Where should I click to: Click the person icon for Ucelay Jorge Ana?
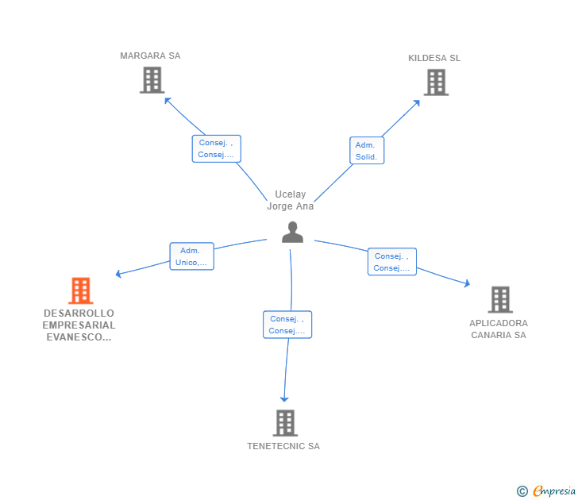pyautogui.click(x=292, y=232)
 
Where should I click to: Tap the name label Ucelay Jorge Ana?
pyautogui.click(x=290, y=200)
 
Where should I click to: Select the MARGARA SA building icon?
pyautogui.click(x=152, y=80)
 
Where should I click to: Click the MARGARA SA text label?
pyautogui.click(x=150, y=56)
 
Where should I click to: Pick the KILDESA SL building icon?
pyautogui.click(x=435, y=83)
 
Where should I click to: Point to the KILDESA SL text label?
pyautogui.click(x=433, y=58)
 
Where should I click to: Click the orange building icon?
pyautogui.click(x=80, y=290)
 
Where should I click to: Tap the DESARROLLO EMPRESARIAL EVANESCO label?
pyautogui.click(x=79, y=325)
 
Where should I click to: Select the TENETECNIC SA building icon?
pyautogui.click(x=285, y=423)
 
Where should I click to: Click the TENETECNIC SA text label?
pyautogui.click(x=283, y=446)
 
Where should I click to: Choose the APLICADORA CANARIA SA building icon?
pyautogui.click(x=499, y=299)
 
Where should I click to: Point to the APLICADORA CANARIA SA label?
pyautogui.click(x=498, y=329)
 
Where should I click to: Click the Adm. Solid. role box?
pyautogui.click(x=366, y=151)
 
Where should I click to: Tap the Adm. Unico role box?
pyautogui.click(x=191, y=256)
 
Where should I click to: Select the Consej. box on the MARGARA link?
pyautogui.click(x=216, y=148)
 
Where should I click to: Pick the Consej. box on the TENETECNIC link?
pyautogui.click(x=287, y=325)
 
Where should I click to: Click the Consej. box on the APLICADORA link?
pyautogui.click(x=391, y=262)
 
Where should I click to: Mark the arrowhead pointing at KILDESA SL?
pyautogui.click(x=418, y=102)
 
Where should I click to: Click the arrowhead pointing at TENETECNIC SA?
pyautogui.click(x=284, y=400)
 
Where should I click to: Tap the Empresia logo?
pyautogui.click(x=546, y=491)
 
